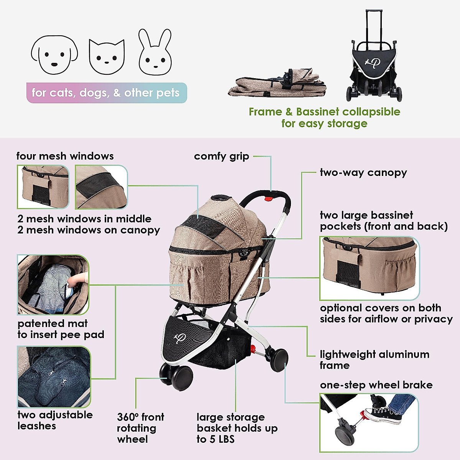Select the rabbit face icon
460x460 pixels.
[x=154, y=53]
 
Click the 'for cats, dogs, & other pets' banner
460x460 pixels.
[x=106, y=93]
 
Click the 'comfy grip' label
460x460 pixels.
[x=222, y=156]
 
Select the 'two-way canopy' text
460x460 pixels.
[x=363, y=172]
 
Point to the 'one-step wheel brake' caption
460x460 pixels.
[x=376, y=385]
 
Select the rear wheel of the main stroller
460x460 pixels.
[x=279, y=360]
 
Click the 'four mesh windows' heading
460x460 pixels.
[x=65, y=156]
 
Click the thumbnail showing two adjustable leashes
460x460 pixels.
[x=54, y=377]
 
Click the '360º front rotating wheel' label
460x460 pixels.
[x=140, y=428]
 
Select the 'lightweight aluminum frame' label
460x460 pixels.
[x=374, y=360]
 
